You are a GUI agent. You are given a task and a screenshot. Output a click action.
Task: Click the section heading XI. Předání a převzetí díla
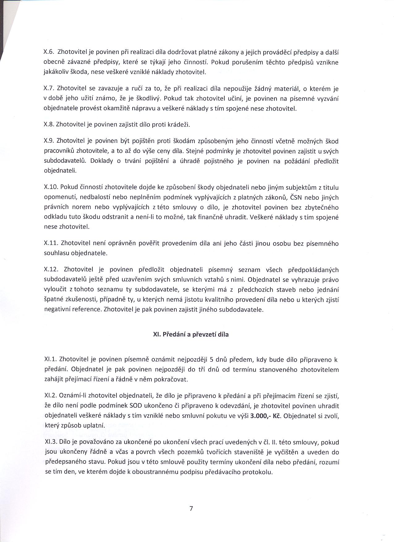click(191, 334)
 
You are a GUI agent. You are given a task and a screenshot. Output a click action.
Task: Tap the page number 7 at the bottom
click(191, 508)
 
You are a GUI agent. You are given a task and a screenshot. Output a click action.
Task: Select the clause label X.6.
click(49, 52)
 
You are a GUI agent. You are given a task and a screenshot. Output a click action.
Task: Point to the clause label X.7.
click(49, 89)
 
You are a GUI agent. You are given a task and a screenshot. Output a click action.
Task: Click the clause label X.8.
click(49, 125)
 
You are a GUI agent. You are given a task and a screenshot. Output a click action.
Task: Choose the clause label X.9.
click(49, 141)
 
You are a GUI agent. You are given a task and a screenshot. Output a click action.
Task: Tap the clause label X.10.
click(51, 187)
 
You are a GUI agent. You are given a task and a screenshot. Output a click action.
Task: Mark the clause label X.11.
click(51, 243)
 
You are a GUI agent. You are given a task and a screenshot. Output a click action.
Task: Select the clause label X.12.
click(51, 270)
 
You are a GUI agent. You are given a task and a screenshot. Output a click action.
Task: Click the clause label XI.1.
click(50, 359)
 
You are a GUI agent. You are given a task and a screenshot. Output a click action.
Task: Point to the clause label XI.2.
click(50, 396)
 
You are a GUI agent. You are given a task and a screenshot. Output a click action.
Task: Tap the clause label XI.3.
click(50, 442)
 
